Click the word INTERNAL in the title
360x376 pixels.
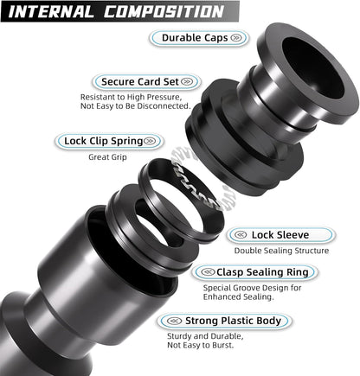coord(55,11)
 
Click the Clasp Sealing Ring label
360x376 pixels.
coord(260,272)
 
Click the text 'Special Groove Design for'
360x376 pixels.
coord(255,288)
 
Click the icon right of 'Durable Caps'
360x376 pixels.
coord(235,39)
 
